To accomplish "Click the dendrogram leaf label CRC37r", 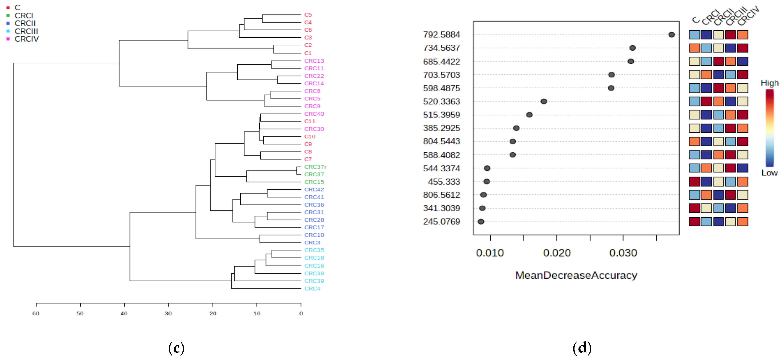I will point(315,167).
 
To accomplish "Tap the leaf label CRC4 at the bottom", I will point(312,288).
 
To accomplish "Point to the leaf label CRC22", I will point(314,76).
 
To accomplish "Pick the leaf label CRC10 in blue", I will point(314,235).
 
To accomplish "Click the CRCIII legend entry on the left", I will point(26,31).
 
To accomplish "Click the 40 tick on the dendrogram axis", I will point(124,314).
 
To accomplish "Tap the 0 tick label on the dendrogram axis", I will point(301,314).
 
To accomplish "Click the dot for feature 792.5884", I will point(672,35).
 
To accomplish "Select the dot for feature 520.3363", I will point(544,101).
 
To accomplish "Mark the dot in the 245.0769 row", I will point(481,222).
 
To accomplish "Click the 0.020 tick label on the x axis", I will point(557,253).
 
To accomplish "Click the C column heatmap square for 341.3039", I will point(694,208).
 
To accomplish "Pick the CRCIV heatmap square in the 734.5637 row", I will point(742,48).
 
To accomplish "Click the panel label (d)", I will point(582,348).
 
